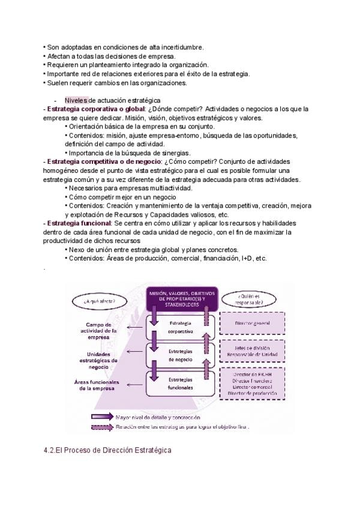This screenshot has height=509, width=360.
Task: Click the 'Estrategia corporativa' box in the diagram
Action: pyautogui.click(x=181, y=328)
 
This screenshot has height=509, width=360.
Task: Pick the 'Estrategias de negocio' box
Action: pyautogui.click(x=181, y=355)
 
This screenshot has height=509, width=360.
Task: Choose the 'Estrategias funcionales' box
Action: pyautogui.click(x=181, y=383)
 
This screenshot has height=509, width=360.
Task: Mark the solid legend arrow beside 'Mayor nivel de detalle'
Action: pyautogui.click(x=111, y=416)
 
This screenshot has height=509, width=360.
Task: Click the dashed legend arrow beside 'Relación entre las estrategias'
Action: pyautogui.click(x=111, y=427)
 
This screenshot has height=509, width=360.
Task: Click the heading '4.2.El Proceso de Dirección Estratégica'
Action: pyautogui.click(x=107, y=450)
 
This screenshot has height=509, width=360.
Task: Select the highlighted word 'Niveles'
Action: pyautogui.click(x=76, y=100)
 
